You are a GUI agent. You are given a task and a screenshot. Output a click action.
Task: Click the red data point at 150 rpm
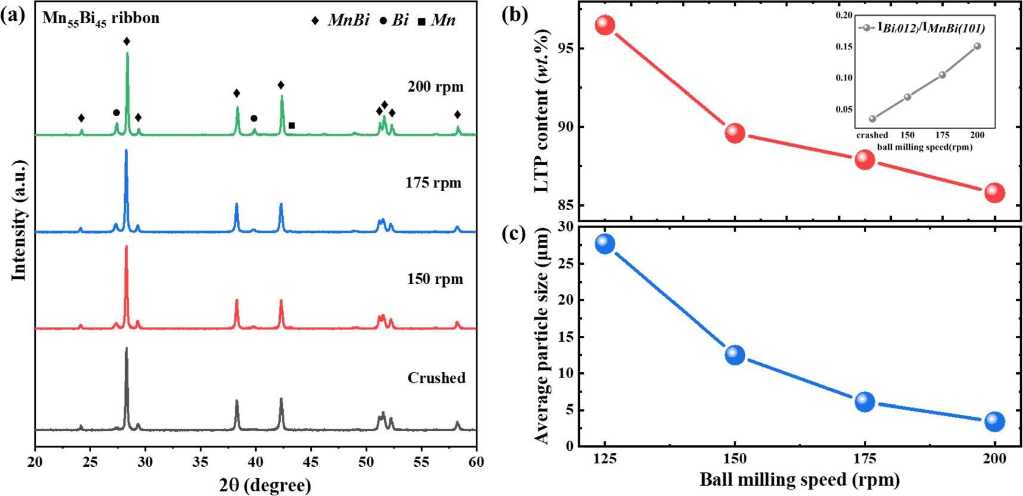point(734,133)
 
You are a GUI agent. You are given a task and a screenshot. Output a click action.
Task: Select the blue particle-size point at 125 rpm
point(604,244)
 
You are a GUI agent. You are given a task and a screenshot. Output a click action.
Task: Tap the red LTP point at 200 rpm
point(994,192)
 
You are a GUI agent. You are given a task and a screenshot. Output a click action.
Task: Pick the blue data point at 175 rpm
point(864,402)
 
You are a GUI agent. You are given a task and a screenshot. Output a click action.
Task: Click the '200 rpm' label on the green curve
point(435,87)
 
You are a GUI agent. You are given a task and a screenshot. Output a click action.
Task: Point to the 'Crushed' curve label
point(436,378)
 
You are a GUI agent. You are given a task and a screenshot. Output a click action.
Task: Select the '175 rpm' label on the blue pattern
point(433,183)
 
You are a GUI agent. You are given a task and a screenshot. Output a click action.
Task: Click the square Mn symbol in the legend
point(421,22)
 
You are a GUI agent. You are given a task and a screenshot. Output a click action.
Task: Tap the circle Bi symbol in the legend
point(383,21)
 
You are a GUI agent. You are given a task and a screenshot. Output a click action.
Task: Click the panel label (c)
point(514,234)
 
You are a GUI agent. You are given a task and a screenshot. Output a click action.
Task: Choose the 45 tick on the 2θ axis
point(311,461)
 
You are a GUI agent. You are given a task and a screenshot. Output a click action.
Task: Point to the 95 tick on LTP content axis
point(566,48)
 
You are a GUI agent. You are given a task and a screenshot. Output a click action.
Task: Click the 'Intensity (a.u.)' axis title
point(20,220)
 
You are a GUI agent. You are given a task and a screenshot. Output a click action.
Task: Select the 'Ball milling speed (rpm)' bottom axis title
point(799,480)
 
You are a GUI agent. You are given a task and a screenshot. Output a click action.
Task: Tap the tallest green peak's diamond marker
point(126,41)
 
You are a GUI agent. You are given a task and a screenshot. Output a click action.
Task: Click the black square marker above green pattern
point(292,126)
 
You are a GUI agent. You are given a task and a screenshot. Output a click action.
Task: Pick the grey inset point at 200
point(977,46)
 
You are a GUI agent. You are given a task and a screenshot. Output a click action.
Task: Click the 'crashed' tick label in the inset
point(872,135)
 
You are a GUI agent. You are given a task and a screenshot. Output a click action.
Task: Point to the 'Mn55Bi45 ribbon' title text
point(101,18)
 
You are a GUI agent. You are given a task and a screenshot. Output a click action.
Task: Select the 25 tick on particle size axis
point(566,263)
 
